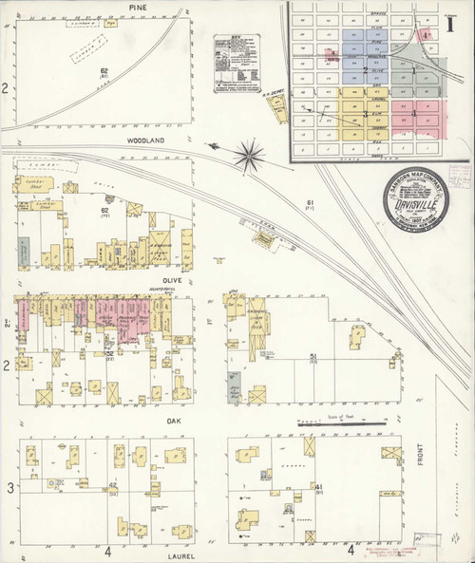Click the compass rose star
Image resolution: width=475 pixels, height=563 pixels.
pyautogui.click(x=250, y=150)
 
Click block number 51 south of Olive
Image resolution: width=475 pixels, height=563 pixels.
pyautogui.click(x=312, y=356)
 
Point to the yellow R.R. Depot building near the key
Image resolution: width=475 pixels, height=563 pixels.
pyautogui.click(x=281, y=112)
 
